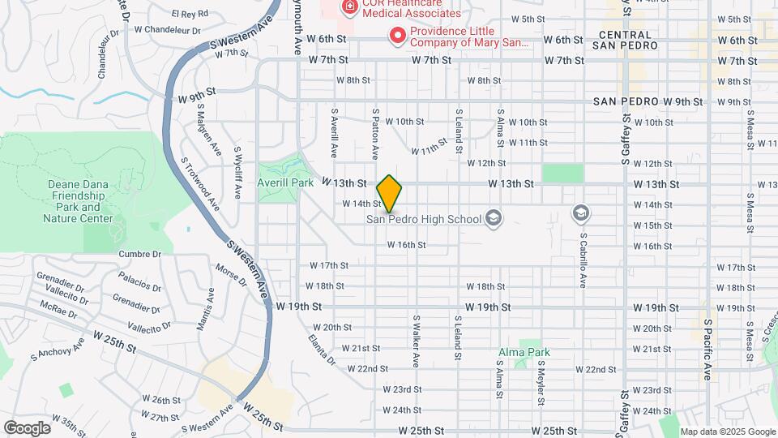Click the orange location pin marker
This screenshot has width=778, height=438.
(x=390, y=194)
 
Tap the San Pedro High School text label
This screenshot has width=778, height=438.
(x=424, y=219)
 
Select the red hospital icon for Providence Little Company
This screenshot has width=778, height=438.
(x=397, y=35)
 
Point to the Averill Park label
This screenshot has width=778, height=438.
(x=285, y=183)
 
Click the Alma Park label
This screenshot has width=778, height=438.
(x=524, y=352)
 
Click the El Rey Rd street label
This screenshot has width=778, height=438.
(x=190, y=14)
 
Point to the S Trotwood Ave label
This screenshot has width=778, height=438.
(x=200, y=183)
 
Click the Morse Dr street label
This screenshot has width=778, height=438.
(x=231, y=275)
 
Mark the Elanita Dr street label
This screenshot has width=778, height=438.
(x=322, y=349)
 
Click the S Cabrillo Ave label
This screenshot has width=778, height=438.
(x=583, y=261)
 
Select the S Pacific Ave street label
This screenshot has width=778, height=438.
(x=707, y=349)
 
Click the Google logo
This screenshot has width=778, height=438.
(x=27, y=427)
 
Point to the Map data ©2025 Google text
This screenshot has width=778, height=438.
(x=728, y=432)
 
